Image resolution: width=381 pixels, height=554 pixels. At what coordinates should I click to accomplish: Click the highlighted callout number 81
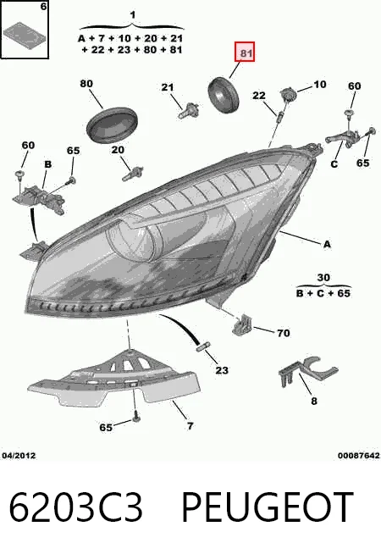pos(246,53)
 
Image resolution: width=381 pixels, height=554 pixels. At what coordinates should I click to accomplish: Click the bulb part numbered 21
pos(189,111)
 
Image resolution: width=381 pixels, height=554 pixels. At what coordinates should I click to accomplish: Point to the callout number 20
pos(118,150)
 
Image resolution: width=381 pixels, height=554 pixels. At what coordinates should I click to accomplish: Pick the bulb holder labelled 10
pos(289,94)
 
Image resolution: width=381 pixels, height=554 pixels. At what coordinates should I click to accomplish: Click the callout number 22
pos(259,96)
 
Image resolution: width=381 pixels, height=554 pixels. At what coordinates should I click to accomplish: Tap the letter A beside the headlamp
pos(328,244)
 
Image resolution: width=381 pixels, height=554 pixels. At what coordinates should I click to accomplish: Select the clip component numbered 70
pos(242,324)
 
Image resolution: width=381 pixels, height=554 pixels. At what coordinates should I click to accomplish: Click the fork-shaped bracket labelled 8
pos(308,372)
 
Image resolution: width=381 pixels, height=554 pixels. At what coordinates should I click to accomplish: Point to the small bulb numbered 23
pos(203,346)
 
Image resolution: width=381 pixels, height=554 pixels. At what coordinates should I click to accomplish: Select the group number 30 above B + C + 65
pos(323,278)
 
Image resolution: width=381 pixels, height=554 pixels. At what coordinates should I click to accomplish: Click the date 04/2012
pos(19,456)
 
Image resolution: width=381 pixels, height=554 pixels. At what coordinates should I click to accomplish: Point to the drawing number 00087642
pos(358,456)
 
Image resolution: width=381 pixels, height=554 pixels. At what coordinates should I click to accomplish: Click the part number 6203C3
pos(75,507)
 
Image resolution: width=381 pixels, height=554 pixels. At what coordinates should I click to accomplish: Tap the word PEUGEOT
pos(267,507)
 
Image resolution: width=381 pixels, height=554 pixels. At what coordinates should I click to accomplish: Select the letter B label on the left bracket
pos(47,164)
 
